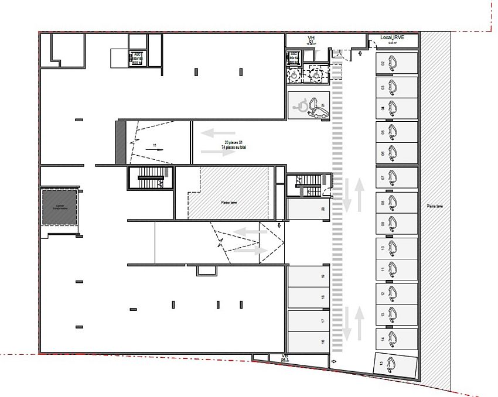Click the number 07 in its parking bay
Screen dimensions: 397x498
pos(383,177)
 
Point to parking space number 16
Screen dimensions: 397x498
pos(323,342)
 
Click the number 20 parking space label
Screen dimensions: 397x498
pos(323,208)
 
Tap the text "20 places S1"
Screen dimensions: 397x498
pos(233,143)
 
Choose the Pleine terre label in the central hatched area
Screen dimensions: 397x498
pos(230,203)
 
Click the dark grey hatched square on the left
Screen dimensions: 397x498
pos(59,206)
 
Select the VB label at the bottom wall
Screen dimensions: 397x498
pos(285,357)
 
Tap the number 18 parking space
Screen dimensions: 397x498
pos(323,297)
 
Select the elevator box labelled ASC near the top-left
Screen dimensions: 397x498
pos(138,58)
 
